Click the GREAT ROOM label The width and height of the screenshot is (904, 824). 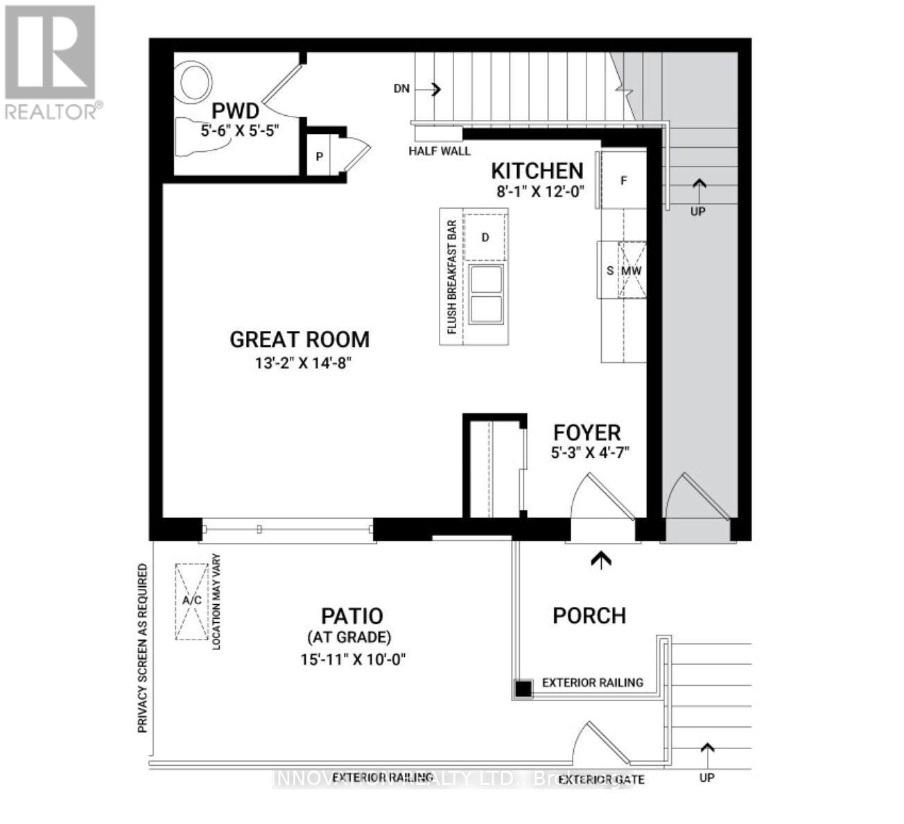tap(299, 339)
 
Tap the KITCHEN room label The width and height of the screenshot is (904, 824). tap(537, 171)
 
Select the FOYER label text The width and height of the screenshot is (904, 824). tap(586, 433)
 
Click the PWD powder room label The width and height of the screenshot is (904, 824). tap(236, 111)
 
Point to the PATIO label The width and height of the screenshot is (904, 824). tap(351, 616)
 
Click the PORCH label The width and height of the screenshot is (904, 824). tap(589, 616)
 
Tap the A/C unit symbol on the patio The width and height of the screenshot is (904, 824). tap(192, 601)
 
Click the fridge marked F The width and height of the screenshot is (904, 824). tap(623, 181)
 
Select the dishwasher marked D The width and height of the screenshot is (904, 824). tap(485, 237)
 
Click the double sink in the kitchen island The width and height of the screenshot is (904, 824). tap(486, 293)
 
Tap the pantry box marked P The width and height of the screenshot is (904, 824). tap(320, 156)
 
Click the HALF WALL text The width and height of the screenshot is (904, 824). tap(440, 151)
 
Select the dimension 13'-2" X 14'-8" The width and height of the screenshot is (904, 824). tap(299, 363)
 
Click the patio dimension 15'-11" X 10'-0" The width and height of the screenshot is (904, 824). tap(352, 659)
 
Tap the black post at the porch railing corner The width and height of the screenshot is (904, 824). tap(523, 689)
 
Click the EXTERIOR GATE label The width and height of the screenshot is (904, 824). tap(601, 780)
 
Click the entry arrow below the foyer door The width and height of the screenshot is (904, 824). tap(601, 559)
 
